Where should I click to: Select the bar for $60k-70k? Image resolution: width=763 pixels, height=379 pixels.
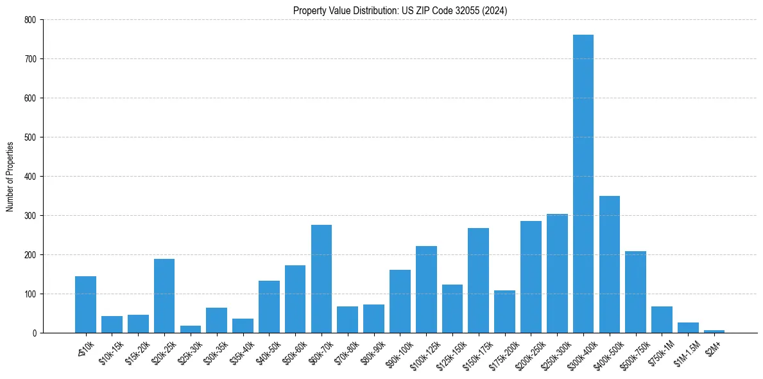pos(321,279)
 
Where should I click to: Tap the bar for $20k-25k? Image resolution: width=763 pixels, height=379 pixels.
pos(164,295)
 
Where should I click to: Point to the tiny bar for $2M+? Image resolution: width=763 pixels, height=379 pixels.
pos(714,331)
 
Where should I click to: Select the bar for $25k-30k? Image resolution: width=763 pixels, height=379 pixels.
pos(191,330)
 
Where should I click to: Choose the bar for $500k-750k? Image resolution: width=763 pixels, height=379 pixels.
pos(635,292)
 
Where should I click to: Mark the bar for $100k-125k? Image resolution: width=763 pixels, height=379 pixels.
pos(426,289)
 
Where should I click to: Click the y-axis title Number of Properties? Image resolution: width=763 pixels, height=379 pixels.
pos(10,176)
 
